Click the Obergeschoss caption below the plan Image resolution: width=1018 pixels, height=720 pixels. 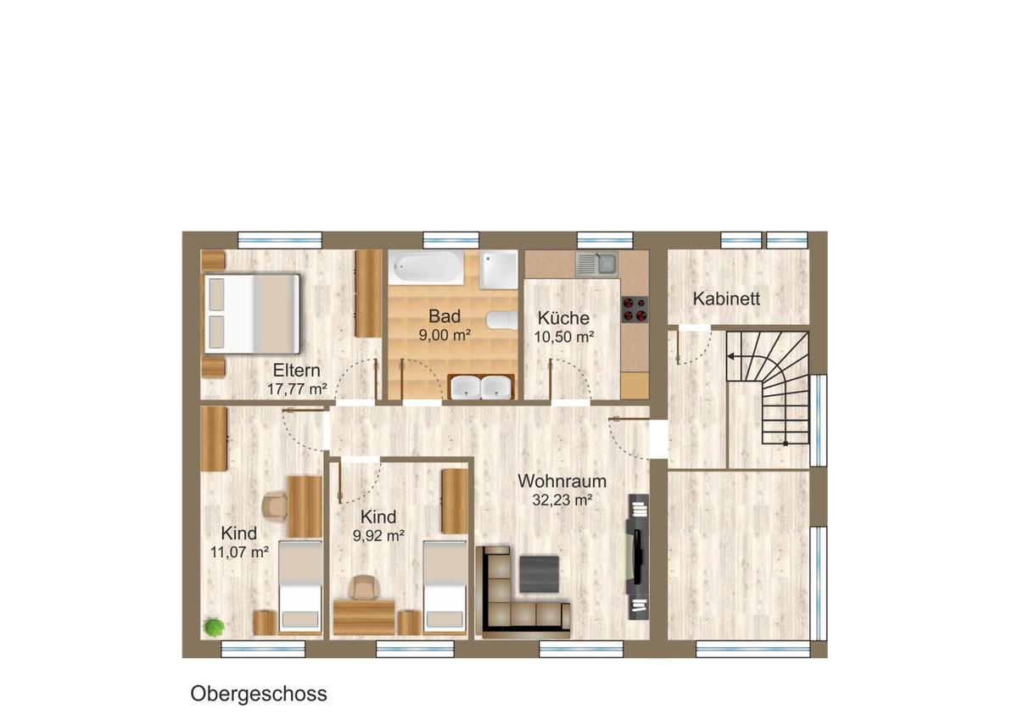tap(259, 694)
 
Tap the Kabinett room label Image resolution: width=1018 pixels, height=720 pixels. tap(726, 299)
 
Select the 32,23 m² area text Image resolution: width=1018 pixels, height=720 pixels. tap(562, 500)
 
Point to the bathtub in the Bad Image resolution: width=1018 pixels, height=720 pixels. tap(426, 267)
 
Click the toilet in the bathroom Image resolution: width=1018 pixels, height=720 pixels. tap(502, 321)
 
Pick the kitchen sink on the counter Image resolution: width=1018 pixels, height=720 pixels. tap(596, 265)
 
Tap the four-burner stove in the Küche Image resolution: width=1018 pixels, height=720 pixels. tap(635, 310)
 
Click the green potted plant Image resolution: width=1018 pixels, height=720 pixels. tap(214, 627)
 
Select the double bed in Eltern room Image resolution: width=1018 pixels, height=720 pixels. tap(252, 314)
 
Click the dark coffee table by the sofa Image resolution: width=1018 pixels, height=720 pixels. tap(540, 574)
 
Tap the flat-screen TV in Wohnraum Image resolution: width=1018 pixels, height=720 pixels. tap(637, 557)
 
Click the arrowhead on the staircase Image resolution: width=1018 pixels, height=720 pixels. tap(730, 356)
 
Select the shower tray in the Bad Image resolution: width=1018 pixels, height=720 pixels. tap(499, 270)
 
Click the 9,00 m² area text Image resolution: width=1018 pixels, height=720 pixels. tap(445, 335)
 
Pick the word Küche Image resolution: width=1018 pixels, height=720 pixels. tap(563, 318)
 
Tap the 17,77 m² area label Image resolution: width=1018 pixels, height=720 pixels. tap(297, 389)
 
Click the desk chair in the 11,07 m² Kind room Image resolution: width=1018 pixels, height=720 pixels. tap(275, 506)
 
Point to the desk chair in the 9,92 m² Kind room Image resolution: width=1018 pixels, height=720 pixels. tap(364, 587)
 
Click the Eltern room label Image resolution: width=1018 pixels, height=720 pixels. tap(296, 371)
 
